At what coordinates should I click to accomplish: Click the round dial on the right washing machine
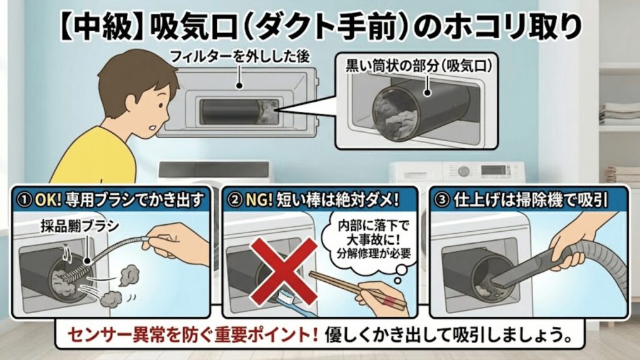click(463, 171)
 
